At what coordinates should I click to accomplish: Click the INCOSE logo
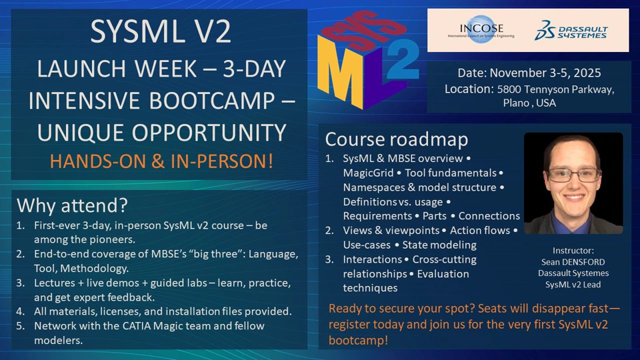click(481, 29)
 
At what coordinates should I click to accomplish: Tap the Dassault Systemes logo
click(571, 30)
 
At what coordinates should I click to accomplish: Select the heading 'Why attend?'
click(72, 205)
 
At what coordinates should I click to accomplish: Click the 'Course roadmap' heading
click(396, 139)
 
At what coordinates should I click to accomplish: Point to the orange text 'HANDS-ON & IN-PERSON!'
click(161, 161)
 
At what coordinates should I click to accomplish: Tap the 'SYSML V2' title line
click(161, 31)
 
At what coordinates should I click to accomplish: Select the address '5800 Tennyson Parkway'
click(555, 89)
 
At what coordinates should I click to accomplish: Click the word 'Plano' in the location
click(516, 103)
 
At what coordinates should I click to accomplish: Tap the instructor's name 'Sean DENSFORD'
click(573, 262)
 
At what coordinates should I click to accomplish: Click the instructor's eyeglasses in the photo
click(573, 175)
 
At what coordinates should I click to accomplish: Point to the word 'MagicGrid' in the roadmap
click(368, 173)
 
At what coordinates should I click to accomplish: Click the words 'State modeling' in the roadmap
click(439, 245)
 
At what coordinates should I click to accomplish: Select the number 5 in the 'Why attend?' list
click(20, 326)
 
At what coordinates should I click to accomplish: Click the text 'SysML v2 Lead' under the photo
click(573, 285)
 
